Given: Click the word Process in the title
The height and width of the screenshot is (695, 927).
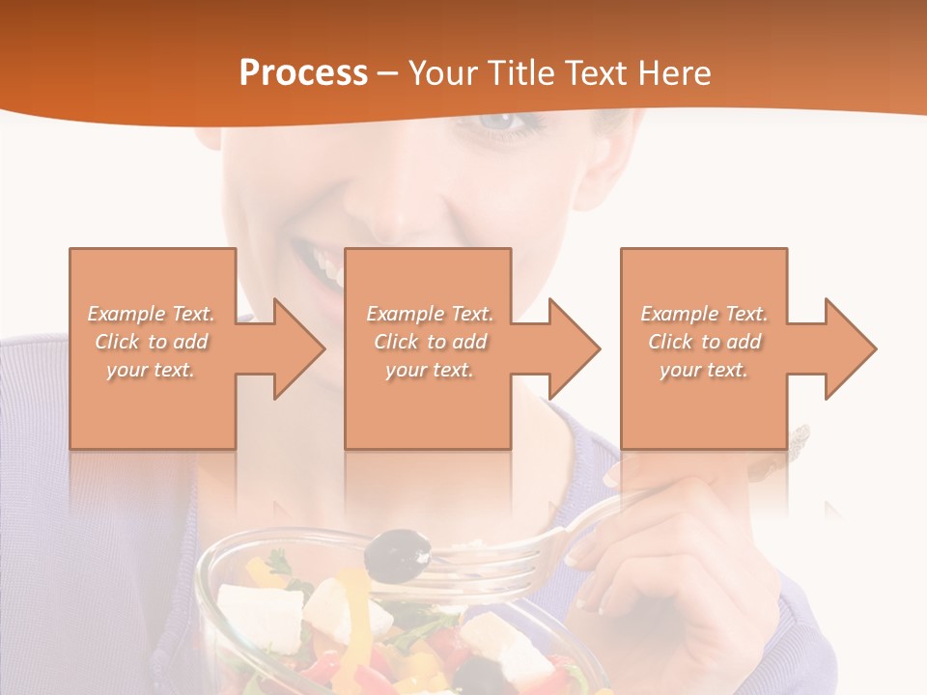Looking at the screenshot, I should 303,73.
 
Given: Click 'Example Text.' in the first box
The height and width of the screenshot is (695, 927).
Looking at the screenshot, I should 152,314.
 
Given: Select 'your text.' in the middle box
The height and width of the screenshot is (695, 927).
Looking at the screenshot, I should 430,370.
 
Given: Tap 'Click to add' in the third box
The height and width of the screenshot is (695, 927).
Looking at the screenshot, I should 704,342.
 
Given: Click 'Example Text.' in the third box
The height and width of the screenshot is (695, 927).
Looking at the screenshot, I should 704,314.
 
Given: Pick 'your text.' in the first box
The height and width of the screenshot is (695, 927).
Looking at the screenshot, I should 152,370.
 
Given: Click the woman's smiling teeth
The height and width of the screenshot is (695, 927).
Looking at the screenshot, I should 326,262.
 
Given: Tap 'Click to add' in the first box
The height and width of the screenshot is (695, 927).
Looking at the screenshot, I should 152,342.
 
